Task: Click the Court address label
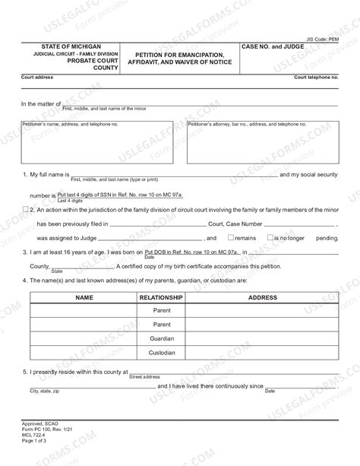click(x=36, y=78)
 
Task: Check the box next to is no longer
click(x=271, y=238)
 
